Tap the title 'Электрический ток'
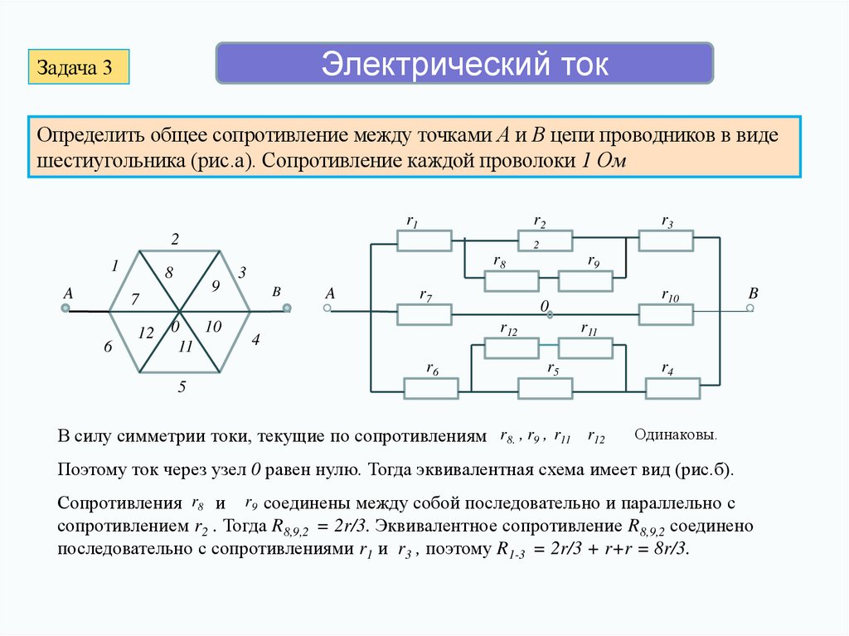click(464, 64)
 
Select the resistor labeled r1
click(424, 240)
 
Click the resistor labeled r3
click(666, 240)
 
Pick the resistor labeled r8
click(511, 281)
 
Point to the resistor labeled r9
click(585, 281)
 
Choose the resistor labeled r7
click(424, 314)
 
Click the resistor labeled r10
click(666, 314)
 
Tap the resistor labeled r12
click(511, 347)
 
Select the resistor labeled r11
click(585, 347)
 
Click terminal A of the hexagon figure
click(65, 310)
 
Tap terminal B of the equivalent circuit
click(750, 308)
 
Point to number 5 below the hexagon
click(181, 386)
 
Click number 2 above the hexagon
click(175, 240)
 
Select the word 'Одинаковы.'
click(676, 435)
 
